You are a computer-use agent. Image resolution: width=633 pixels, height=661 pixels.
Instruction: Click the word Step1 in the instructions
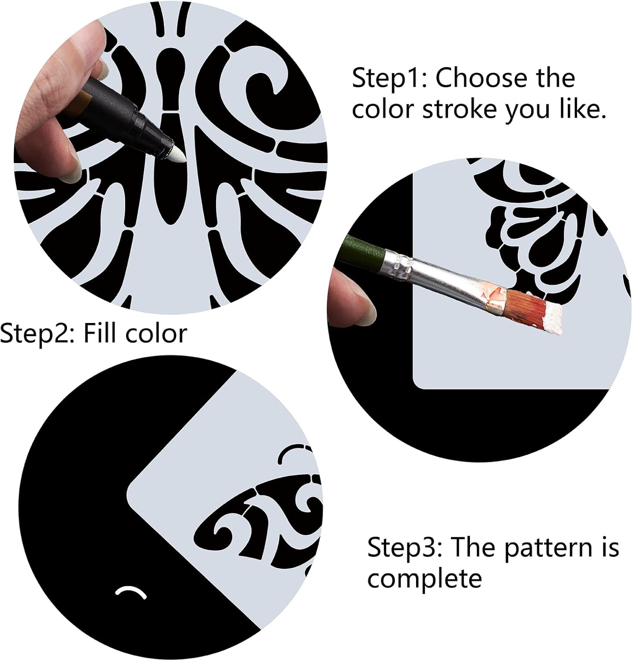tap(386, 78)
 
